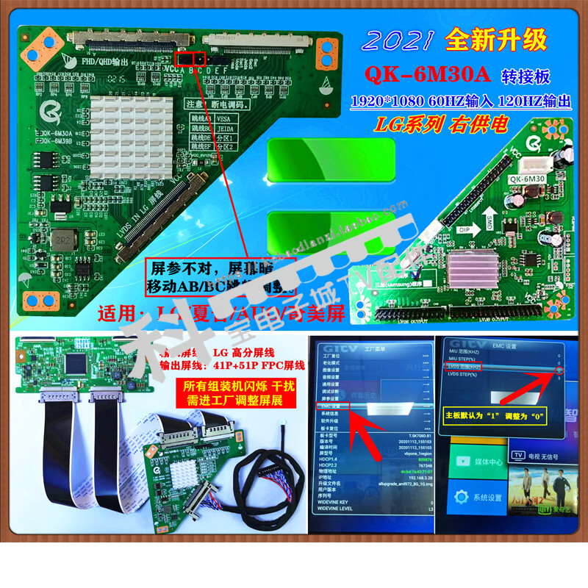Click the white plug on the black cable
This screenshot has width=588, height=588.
284,421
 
